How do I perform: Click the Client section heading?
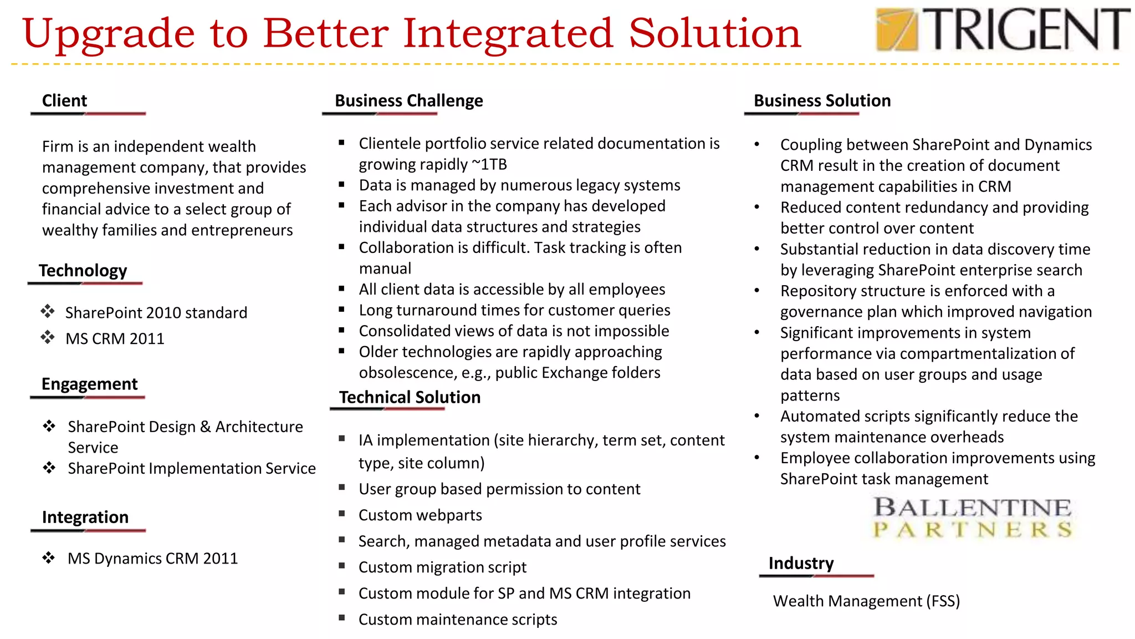(x=64, y=101)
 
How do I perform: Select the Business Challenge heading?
(x=408, y=101)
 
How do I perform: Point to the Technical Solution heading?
(x=410, y=397)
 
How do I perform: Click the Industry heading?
(x=801, y=564)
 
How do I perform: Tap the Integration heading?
(x=85, y=517)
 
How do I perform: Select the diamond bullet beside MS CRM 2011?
(x=48, y=337)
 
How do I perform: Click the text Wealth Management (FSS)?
(x=866, y=601)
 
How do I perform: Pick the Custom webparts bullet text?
(x=420, y=515)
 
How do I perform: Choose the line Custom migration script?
(x=442, y=567)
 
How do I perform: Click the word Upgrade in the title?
(x=108, y=33)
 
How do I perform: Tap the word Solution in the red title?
(x=714, y=33)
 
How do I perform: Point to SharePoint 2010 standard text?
(x=156, y=313)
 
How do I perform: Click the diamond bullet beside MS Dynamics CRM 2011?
(x=49, y=557)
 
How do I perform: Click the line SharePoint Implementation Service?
(x=191, y=469)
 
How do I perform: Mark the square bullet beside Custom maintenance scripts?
(x=342, y=617)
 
